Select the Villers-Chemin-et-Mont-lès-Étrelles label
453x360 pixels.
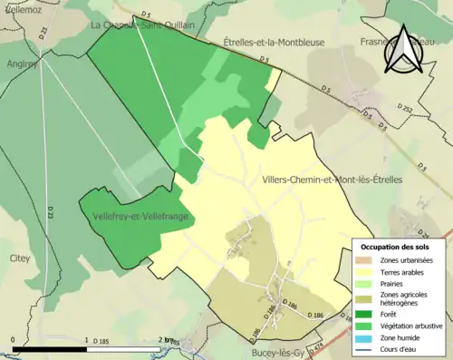click(331, 180)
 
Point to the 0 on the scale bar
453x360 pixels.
click(13, 341)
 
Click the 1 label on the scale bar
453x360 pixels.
click(86, 341)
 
